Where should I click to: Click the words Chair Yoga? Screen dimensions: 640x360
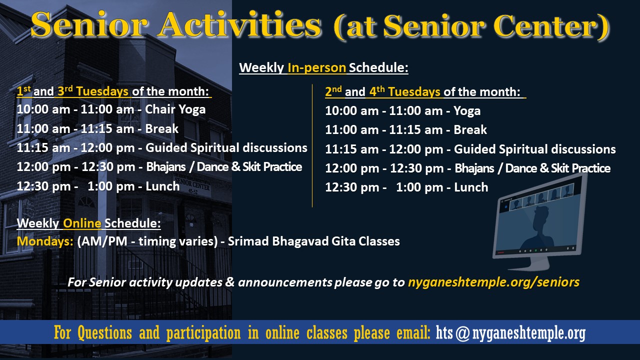point(175,110)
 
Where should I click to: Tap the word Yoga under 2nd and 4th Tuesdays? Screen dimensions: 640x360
point(467,111)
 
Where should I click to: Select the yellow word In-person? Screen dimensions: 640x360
point(316,68)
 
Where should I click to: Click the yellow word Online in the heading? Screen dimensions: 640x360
point(82,223)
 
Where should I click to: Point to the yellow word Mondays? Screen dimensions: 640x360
point(45,241)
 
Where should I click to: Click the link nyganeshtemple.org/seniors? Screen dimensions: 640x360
point(493,282)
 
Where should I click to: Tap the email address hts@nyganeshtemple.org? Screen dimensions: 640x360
point(510,333)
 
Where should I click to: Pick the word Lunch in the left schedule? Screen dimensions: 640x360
point(162,186)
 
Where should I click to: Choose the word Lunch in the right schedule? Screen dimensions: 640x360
point(471,187)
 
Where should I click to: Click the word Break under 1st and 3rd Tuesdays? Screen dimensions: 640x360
point(161,129)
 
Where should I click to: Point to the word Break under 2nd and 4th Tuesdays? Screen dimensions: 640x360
point(470,130)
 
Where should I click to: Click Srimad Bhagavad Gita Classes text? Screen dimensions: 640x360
point(313,241)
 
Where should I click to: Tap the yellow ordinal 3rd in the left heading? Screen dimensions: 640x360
point(65,91)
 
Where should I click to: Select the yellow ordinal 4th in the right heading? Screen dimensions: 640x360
point(377,91)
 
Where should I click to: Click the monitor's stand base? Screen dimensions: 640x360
point(529,265)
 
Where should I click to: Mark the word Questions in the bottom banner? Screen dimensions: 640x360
point(104,333)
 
